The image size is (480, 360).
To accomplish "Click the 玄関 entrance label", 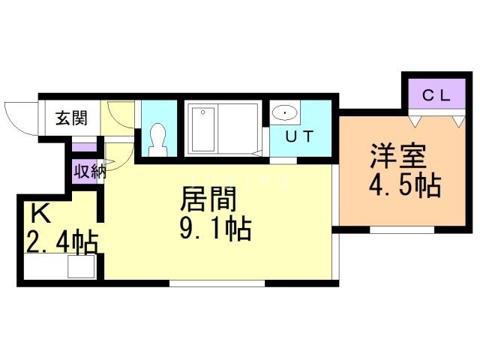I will pyautogui.click(x=71, y=118).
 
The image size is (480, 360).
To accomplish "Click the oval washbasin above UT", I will pyautogui.click(x=285, y=113).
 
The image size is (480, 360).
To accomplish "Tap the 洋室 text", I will pyautogui.click(x=397, y=157).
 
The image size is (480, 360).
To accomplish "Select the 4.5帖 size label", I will pyautogui.click(x=403, y=184).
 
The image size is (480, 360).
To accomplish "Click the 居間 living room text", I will pyautogui.click(x=208, y=200).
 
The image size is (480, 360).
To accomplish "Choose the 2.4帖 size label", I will pyautogui.click(x=61, y=243).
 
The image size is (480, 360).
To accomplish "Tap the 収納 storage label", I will pyautogui.click(x=88, y=170).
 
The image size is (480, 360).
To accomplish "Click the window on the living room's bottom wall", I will pyautogui.click(x=217, y=283).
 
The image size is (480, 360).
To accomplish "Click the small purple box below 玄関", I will pyautogui.click(x=85, y=145).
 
